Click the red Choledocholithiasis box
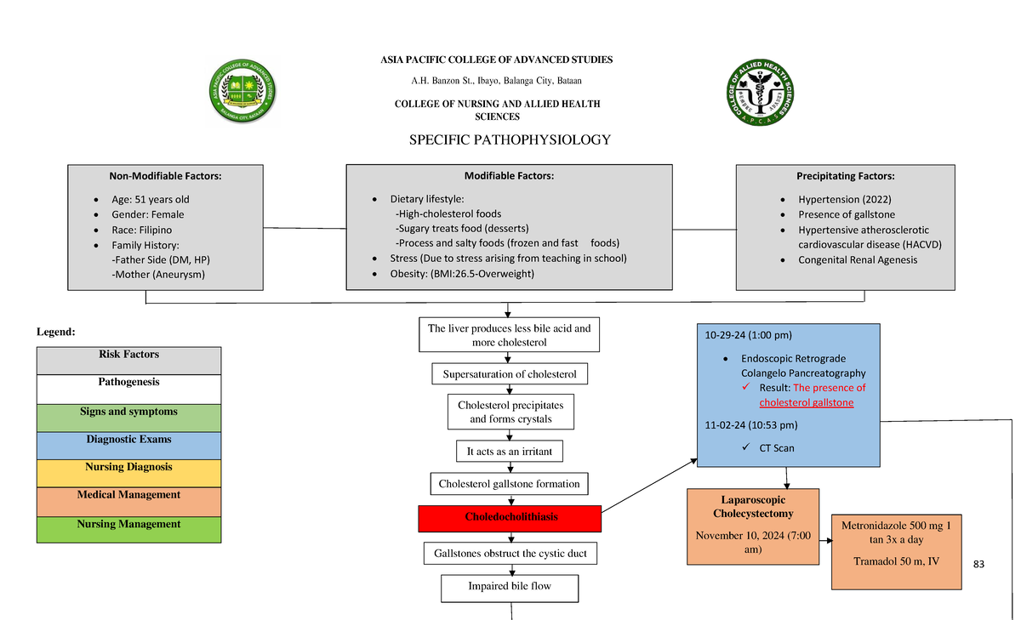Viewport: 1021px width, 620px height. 510,518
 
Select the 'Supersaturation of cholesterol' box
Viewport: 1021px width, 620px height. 509,374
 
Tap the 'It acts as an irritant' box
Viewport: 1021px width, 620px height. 509,452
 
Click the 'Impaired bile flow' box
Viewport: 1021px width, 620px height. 509,587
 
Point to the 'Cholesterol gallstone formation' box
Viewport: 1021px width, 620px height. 509,484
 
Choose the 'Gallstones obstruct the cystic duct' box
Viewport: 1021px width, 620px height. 510,555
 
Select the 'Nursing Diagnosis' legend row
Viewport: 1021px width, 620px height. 128,468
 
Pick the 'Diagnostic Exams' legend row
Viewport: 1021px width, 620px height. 128,441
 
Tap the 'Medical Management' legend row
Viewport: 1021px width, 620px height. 128,495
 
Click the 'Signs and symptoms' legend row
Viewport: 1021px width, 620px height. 128,412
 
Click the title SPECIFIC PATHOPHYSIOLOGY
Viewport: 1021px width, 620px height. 510,140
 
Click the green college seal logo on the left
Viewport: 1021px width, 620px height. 242,92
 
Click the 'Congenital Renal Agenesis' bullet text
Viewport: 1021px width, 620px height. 858,260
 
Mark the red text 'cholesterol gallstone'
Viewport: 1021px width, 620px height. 807,402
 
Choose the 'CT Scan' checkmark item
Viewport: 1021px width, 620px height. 777,448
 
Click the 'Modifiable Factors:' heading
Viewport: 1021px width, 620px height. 509,176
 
